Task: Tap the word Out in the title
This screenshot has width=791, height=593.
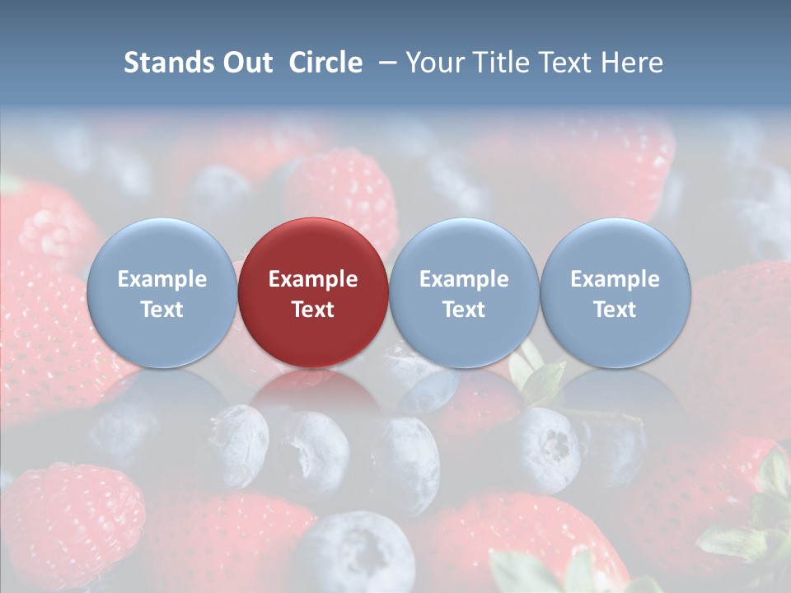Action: click(247, 63)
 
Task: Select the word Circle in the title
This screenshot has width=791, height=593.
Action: click(325, 63)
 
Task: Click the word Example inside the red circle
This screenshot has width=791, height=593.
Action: click(313, 279)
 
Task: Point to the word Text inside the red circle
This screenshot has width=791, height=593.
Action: click(313, 310)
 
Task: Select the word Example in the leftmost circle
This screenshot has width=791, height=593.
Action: click(161, 279)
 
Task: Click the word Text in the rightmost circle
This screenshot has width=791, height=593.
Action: click(615, 310)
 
